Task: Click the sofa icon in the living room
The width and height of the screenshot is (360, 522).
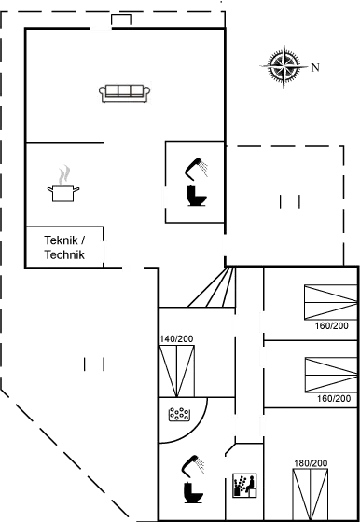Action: pyautogui.click(x=125, y=91)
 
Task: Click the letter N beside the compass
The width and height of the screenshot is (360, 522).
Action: pyautogui.click(x=315, y=67)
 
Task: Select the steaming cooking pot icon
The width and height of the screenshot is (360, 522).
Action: pyautogui.click(x=63, y=182)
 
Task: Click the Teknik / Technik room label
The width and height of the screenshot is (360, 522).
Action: pyautogui.click(x=64, y=247)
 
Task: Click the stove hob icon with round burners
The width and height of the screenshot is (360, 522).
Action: pyautogui.click(x=177, y=413)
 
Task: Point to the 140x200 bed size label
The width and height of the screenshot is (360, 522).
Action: pyautogui.click(x=176, y=338)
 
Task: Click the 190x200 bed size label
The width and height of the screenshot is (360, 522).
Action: pyautogui.click(x=309, y=463)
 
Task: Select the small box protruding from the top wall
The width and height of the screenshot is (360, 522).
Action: pyautogui.click(x=120, y=21)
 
